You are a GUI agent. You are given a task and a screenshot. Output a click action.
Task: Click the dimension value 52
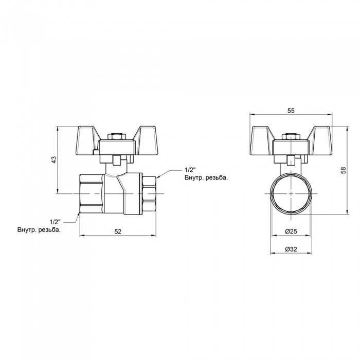pyautogui.click(x=118, y=232)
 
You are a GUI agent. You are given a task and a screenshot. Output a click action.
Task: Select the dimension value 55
pyautogui.click(x=291, y=111)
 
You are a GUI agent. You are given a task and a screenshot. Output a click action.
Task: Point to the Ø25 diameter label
pyautogui.click(x=291, y=232)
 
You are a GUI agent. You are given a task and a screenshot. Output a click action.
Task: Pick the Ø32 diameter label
pyautogui.click(x=291, y=249)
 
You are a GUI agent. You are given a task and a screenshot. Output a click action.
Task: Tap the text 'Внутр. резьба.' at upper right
pyautogui.click(x=205, y=178)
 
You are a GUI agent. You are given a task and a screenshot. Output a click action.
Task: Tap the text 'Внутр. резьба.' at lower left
pyautogui.click(x=39, y=230)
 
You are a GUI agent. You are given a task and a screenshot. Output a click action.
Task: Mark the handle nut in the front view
pyautogui.click(x=291, y=137)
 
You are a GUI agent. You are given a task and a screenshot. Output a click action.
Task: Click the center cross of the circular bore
pyautogui.click(x=291, y=193)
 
